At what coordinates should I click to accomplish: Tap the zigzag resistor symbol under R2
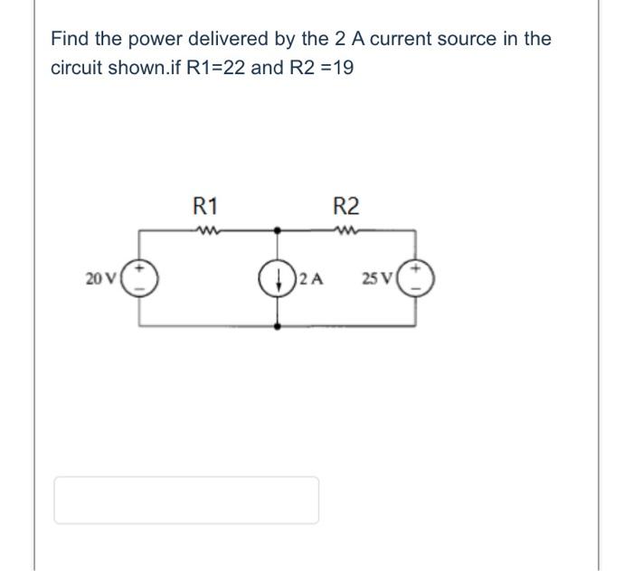point(346,229)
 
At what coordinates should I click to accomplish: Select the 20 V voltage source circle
point(140,276)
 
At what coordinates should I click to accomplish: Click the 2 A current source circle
point(278,276)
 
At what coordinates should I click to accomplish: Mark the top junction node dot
point(278,229)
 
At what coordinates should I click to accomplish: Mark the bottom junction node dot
point(278,324)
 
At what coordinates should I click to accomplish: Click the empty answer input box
point(186,500)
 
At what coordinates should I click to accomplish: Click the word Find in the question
point(70,39)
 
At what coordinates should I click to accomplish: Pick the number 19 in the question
point(341,68)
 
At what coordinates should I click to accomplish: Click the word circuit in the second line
point(76,68)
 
